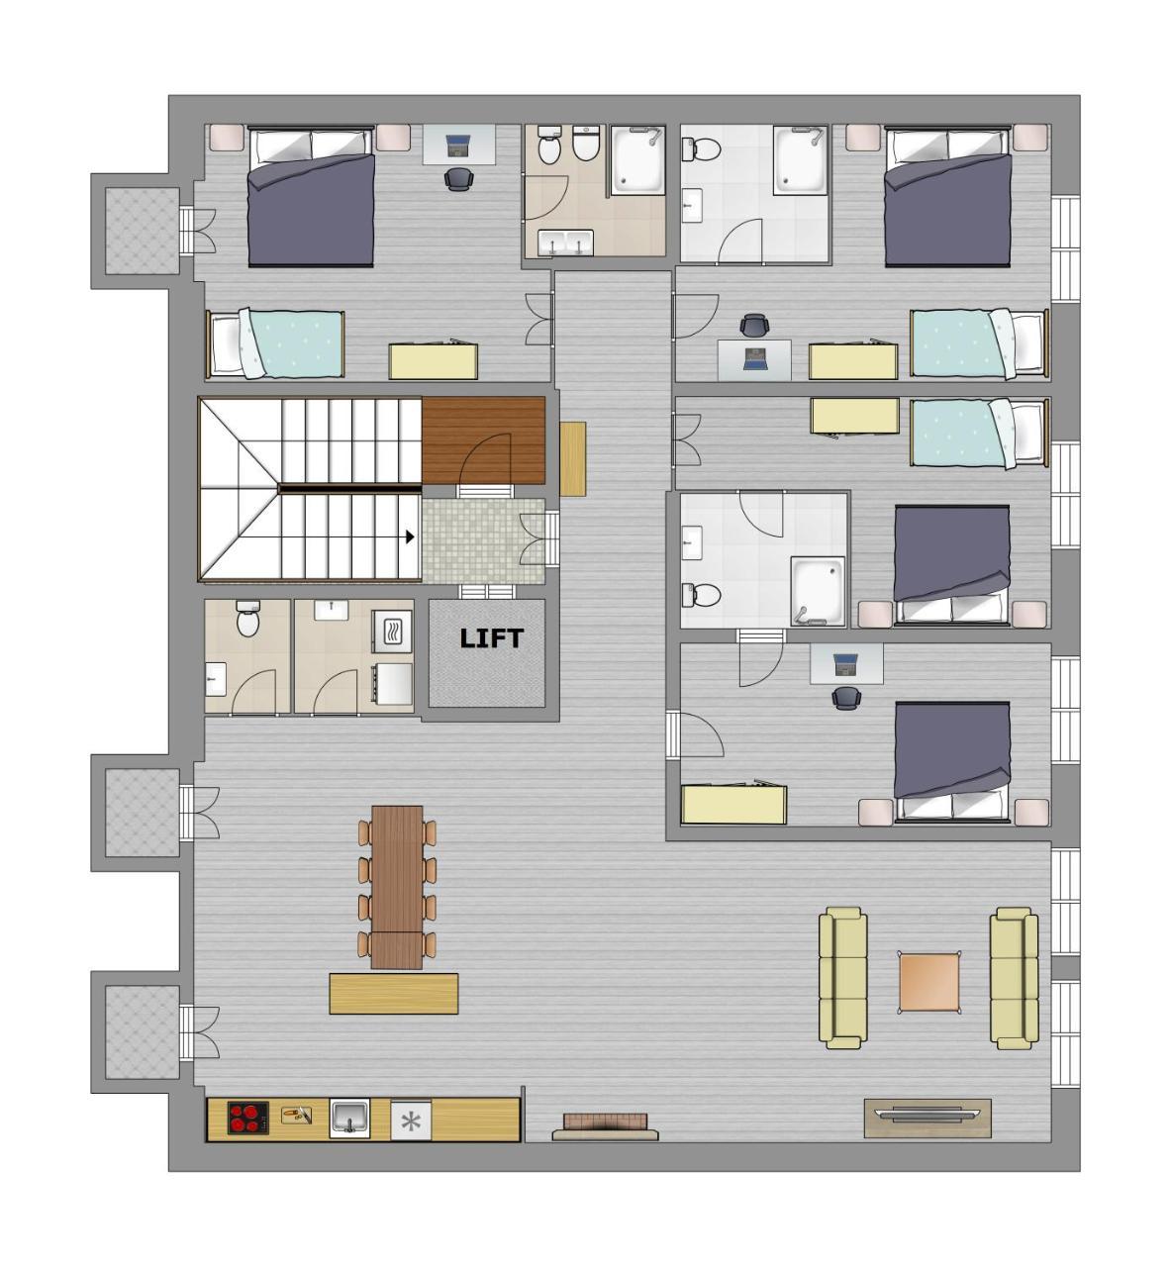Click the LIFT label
point(490,638)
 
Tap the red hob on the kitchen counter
point(247,1119)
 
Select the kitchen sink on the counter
point(349,1120)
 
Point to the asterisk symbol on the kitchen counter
point(412,1121)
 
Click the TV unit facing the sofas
point(927,1117)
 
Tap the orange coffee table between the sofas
point(929,981)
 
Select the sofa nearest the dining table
point(842,978)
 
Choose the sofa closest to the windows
point(1015,978)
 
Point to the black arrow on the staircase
point(409,536)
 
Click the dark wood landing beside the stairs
point(483,440)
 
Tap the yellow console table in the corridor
point(573,458)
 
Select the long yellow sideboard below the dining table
point(393,993)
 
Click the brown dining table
point(397,886)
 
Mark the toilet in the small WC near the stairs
point(247,621)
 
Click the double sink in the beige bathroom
point(565,243)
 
